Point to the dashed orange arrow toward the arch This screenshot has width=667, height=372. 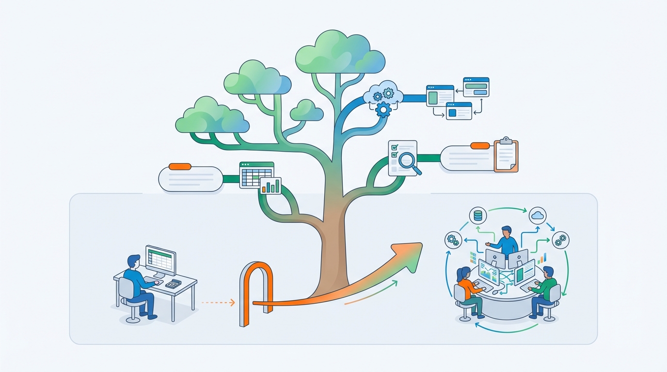point(217,303)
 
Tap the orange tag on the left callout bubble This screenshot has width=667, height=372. point(180,166)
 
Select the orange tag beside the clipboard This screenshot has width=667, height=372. point(480,145)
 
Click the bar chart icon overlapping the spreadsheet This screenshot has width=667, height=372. point(270,186)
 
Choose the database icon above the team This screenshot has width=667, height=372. point(478,216)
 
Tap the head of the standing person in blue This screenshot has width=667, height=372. point(507,231)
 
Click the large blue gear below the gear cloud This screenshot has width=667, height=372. point(383,110)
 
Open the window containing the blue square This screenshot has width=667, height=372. point(459,111)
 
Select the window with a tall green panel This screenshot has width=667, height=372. point(440,95)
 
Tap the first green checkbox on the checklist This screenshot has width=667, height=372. point(395,146)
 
